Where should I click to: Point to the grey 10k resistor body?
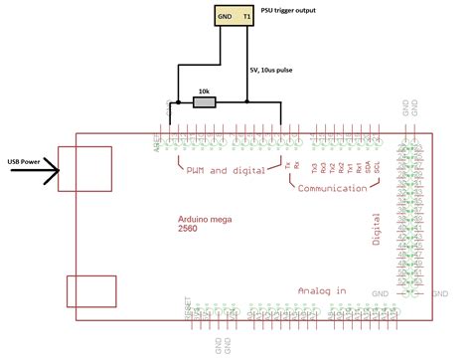point(204,101)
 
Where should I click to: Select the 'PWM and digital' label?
point(226,170)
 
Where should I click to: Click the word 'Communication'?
point(342,187)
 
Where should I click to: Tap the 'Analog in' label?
point(324,289)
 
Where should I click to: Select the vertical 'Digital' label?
point(377,228)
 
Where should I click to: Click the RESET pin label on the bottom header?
point(189,308)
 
